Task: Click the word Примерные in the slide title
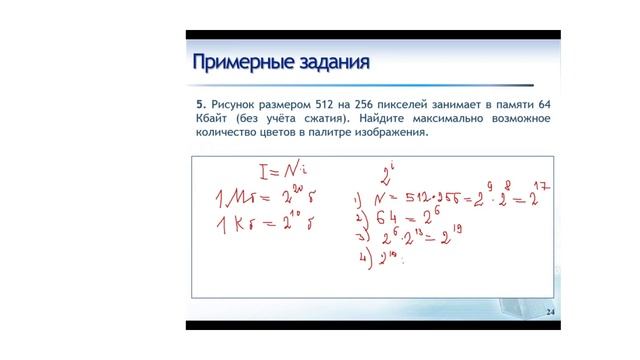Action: (x=241, y=64)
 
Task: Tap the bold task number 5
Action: (x=200, y=104)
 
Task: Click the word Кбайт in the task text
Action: (x=212, y=119)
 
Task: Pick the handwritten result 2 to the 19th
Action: (x=445, y=234)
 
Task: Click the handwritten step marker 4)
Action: (x=365, y=259)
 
